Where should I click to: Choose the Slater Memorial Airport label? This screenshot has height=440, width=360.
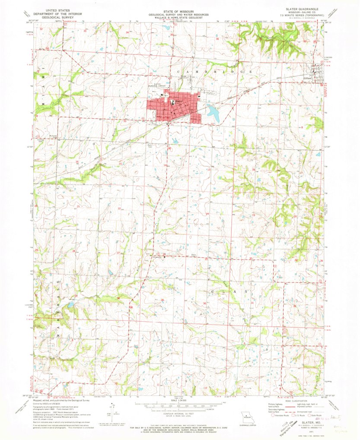click(160, 85)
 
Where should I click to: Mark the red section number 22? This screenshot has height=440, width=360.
click(119, 209)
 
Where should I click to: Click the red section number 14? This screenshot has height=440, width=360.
click(165, 165)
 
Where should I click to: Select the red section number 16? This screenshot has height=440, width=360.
click(77, 162)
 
